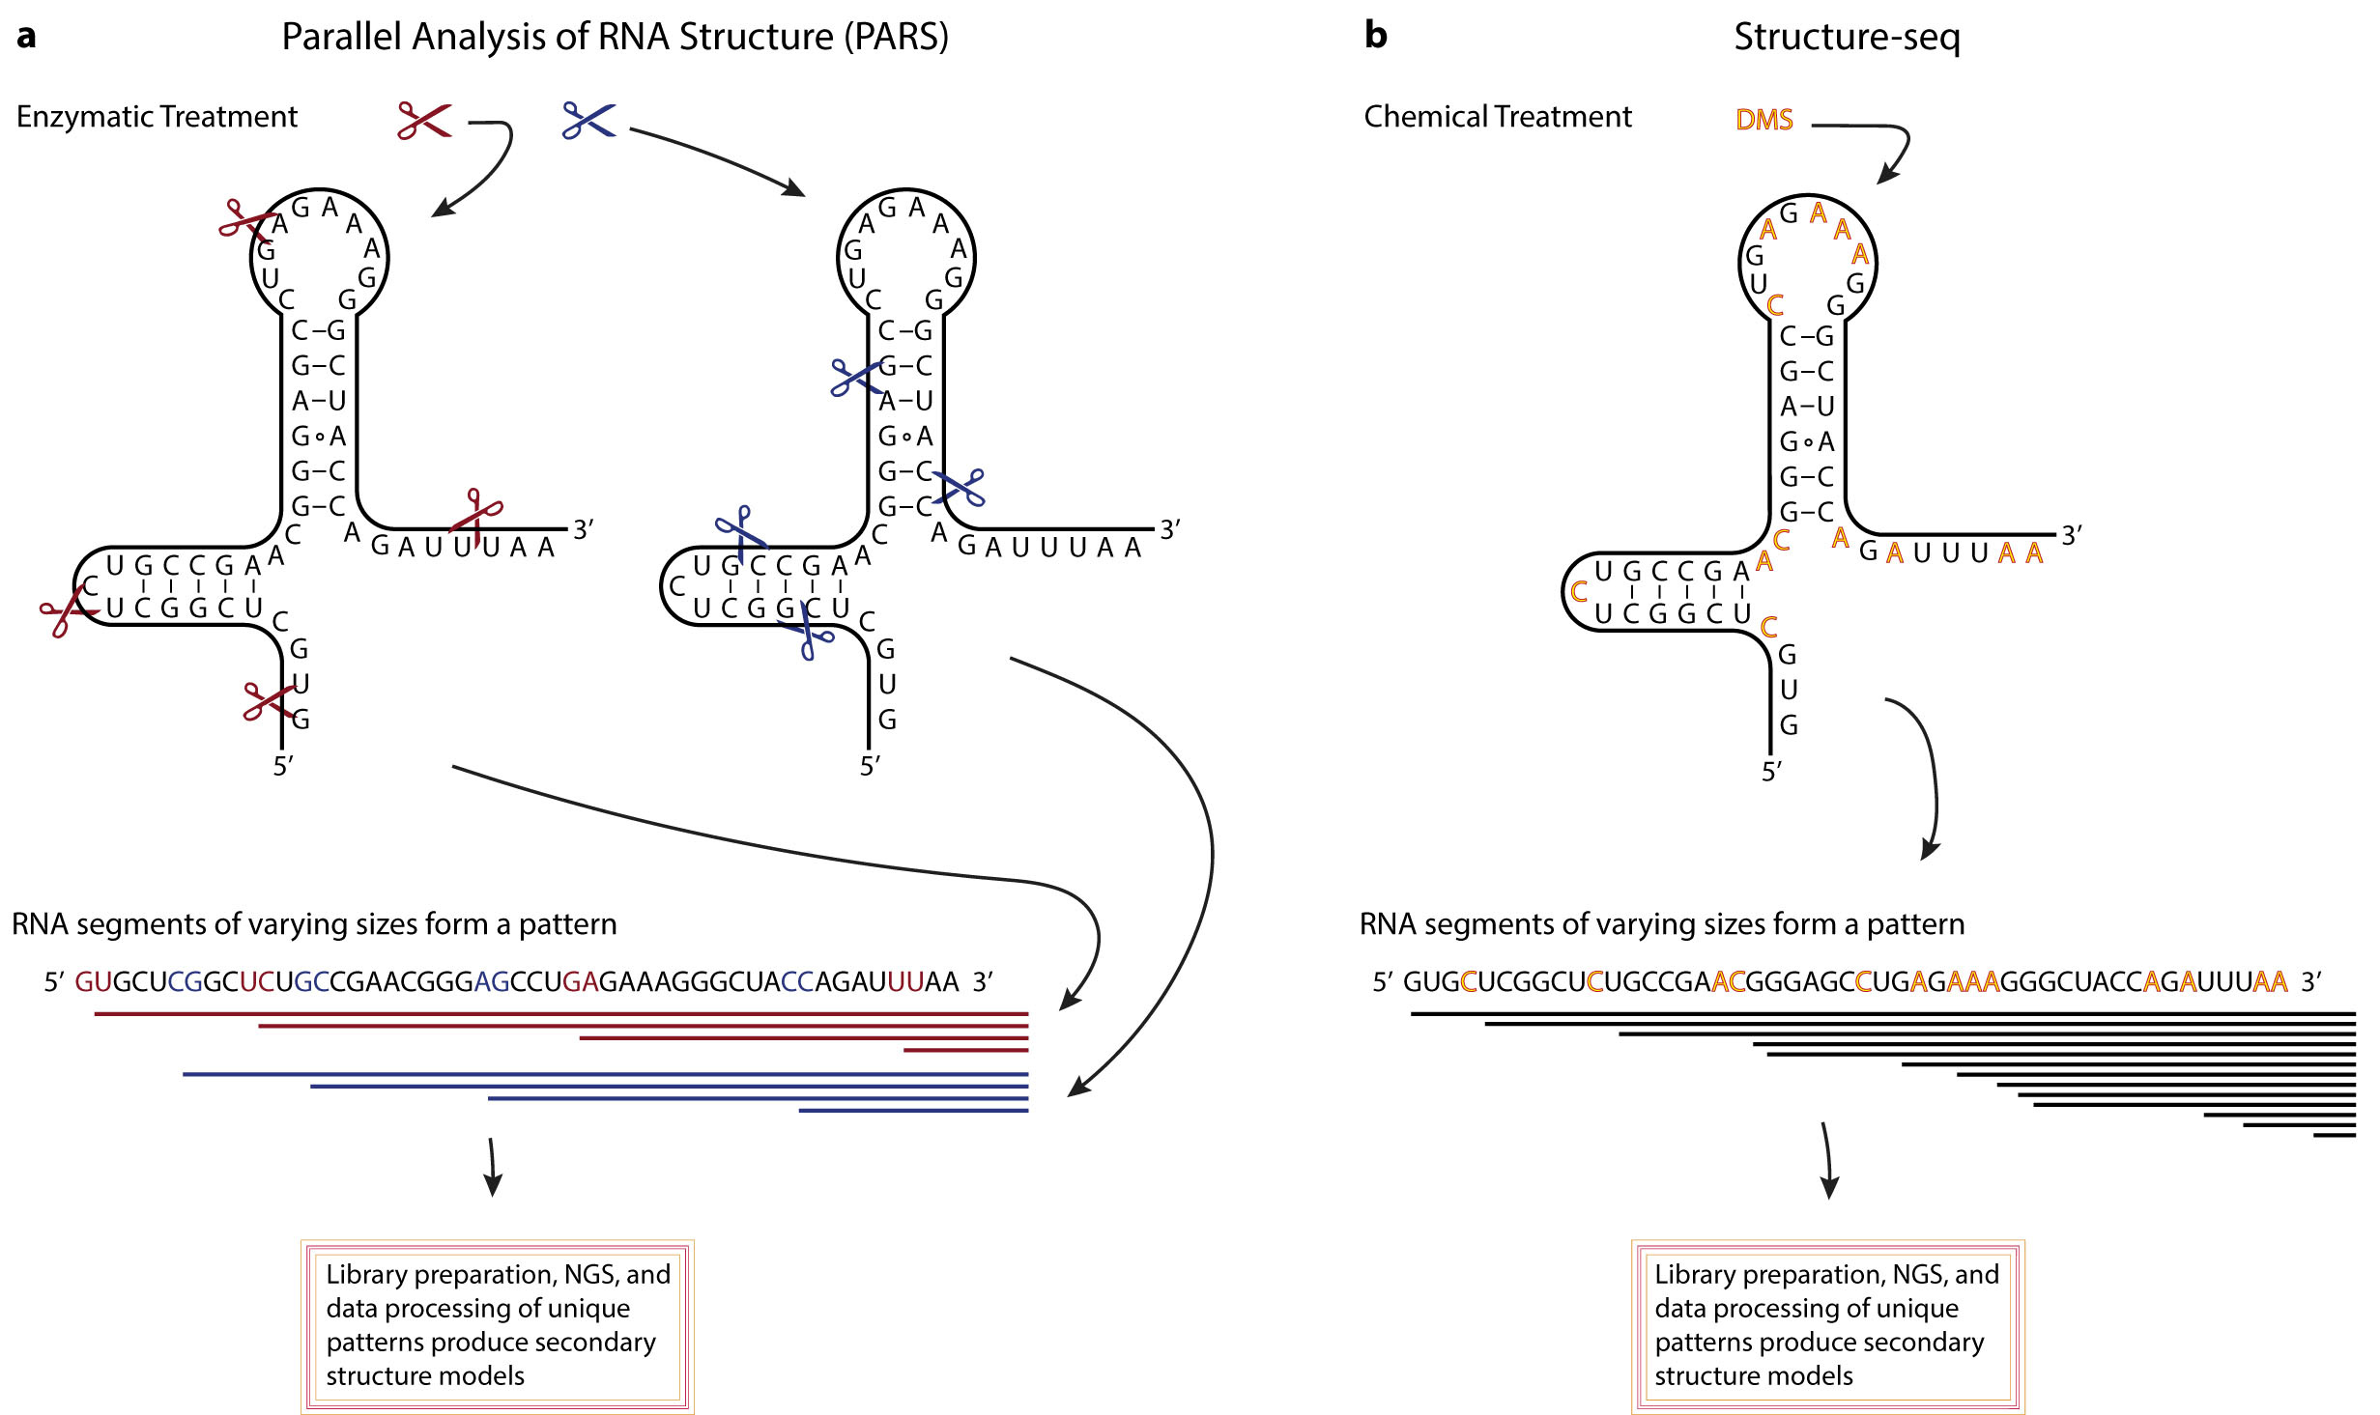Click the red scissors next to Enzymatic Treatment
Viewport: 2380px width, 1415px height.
pos(424,121)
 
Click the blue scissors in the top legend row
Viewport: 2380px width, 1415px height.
pos(588,121)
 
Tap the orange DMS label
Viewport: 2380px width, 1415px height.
pos(1764,120)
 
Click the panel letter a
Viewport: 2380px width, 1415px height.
pos(26,36)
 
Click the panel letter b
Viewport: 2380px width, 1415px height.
pos(1375,36)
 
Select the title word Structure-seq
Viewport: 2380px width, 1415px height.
pos(1847,37)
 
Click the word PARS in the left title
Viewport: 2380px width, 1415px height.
pos(895,37)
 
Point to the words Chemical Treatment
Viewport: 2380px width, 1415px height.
pos(1497,117)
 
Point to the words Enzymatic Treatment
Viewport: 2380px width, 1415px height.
pos(157,117)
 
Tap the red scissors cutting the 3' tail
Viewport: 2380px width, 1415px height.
pos(476,516)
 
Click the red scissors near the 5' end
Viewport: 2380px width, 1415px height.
pos(268,701)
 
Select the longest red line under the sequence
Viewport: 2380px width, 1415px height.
pos(560,1013)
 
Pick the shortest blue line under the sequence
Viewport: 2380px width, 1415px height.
pos(913,1111)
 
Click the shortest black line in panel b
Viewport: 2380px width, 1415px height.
pos(2334,1135)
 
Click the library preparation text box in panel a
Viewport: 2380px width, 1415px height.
pos(497,1326)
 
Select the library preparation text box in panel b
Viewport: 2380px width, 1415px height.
pos(1826,1326)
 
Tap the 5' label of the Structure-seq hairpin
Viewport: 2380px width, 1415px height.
pos(1771,771)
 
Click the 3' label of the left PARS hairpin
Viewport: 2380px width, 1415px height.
pos(583,529)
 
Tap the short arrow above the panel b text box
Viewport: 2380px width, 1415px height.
pos(1827,1159)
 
